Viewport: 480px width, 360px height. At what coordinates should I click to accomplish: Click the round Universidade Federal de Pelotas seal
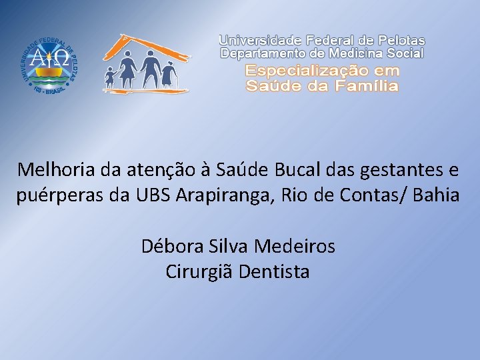pyautogui.click(x=50, y=64)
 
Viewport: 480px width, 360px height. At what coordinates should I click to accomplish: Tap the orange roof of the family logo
pyautogui.click(x=143, y=47)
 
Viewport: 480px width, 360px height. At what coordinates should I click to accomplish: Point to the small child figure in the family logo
pyautogui.click(x=109, y=79)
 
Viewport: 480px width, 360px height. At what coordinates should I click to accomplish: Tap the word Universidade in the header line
pyautogui.click(x=261, y=41)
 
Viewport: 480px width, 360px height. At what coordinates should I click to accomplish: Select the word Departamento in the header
pyautogui.click(x=263, y=53)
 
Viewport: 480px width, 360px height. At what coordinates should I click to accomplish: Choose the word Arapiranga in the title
pyautogui.click(x=213, y=196)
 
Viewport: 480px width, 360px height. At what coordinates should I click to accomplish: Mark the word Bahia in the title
pyautogui.click(x=436, y=196)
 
